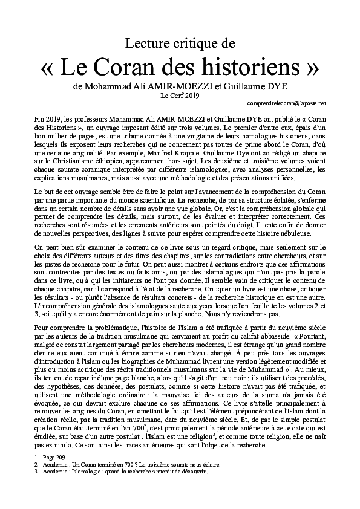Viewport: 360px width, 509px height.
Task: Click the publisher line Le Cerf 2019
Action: click(x=180, y=95)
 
